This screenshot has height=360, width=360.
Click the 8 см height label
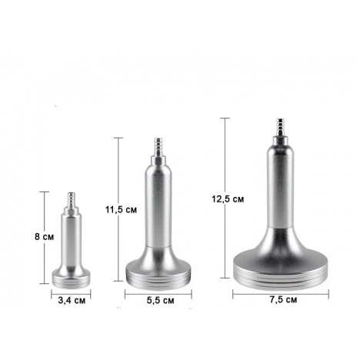pyautogui.click(x=45, y=237)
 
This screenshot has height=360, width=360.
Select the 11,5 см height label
pyautogui.click(x=121, y=210)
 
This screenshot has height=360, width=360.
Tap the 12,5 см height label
pyautogui.click(x=228, y=199)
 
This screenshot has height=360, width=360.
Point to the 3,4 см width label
pyautogui.click(x=72, y=301)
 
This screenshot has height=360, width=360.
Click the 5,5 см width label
pyautogui.click(x=160, y=300)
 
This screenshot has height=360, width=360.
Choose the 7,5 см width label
pyautogui.click(x=283, y=300)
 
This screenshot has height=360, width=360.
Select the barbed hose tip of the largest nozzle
pyautogui.click(x=280, y=127)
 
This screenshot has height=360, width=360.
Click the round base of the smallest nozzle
pyautogui.click(x=72, y=278)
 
